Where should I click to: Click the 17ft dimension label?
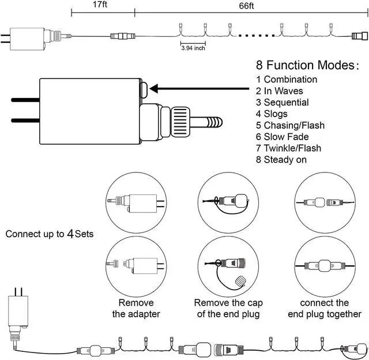[100, 5]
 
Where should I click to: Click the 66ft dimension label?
[246, 6]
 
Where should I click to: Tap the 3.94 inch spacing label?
[193, 48]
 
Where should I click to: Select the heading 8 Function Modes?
[307, 65]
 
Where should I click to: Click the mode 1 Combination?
[287, 80]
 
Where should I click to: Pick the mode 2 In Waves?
[279, 91]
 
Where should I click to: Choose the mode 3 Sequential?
[282, 103]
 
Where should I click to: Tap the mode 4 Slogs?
[272, 114]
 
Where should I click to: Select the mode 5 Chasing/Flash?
[290, 125]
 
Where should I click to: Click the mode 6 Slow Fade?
[282, 137]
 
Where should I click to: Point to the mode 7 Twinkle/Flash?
[288, 148]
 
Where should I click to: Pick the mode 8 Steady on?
[281, 160]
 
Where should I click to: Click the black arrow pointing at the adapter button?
[199, 89]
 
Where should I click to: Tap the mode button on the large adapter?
[144, 89]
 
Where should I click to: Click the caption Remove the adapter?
[136, 308]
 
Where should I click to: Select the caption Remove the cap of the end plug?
[228, 308]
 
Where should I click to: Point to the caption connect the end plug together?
[325, 308]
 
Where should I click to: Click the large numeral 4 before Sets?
[70, 234]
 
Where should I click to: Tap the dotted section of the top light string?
[257, 36]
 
